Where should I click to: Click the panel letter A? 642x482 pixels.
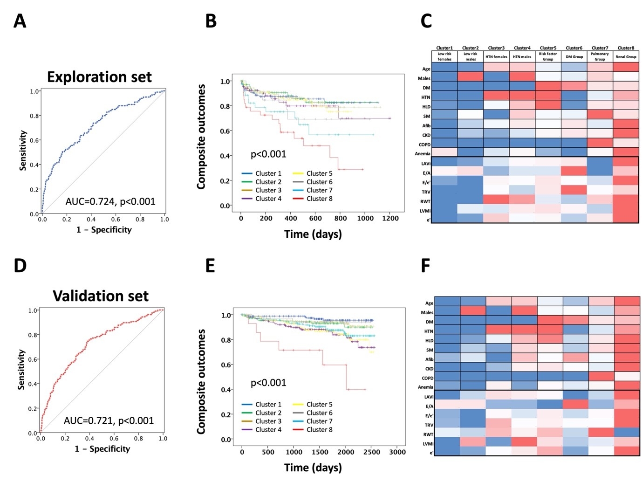[20, 21]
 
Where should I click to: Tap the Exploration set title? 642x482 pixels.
[99, 77]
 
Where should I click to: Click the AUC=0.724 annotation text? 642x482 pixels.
[110, 201]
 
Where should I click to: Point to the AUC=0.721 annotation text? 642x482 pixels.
[109, 420]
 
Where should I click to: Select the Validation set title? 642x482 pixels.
[101, 296]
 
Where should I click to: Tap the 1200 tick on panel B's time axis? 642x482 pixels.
[390, 218]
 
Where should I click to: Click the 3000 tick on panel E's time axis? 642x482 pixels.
[397, 452]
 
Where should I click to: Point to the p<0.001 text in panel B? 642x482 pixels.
[268, 154]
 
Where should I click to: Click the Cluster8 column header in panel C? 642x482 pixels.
[626, 48]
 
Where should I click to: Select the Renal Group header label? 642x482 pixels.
[626, 57]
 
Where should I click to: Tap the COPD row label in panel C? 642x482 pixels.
[424, 145]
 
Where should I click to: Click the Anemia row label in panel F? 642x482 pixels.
[425, 387]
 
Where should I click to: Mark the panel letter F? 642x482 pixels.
[425, 266]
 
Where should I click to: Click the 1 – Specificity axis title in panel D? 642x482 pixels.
[102, 449]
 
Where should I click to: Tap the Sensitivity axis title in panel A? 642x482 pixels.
[22, 150]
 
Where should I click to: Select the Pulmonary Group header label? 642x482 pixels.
[600, 57]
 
